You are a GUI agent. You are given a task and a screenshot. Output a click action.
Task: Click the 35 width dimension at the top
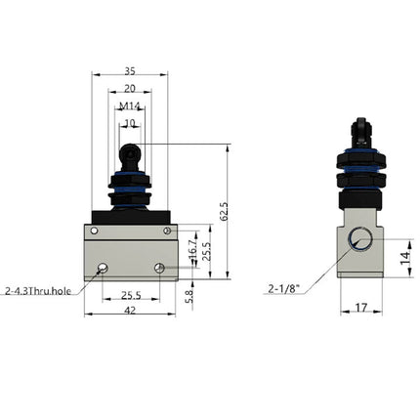coord(129,71)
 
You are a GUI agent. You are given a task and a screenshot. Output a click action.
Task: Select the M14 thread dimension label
coord(129,105)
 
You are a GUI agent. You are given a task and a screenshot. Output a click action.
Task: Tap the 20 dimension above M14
coord(129,88)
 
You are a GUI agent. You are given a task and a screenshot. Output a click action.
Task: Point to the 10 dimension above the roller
coord(129,123)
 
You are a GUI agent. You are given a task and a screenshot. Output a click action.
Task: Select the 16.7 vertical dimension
coord(191,251)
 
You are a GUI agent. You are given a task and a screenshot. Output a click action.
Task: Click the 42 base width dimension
coord(129,310)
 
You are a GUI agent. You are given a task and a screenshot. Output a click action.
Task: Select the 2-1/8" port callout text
coord(284,288)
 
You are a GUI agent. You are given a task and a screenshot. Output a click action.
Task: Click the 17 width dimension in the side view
coord(362,309)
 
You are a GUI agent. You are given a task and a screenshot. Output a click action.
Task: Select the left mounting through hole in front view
coord(103,267)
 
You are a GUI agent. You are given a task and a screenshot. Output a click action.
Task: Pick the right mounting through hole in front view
coord(158,267)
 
